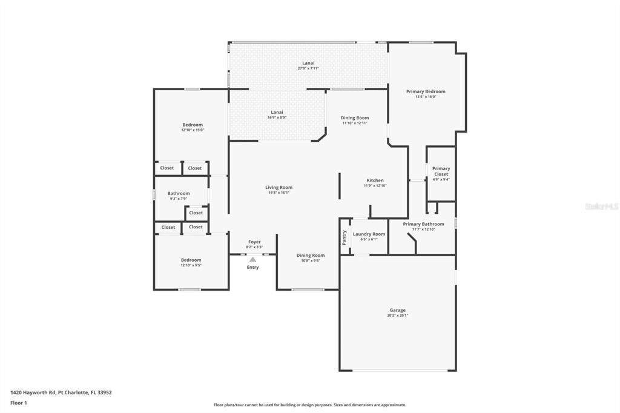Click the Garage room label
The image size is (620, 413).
[397, 310]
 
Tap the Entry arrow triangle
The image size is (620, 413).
[252, 260]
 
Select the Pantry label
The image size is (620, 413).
[345, 236]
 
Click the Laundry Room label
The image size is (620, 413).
[369, 234]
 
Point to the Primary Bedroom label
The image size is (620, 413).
[426, 91]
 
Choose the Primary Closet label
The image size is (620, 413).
[441, 171]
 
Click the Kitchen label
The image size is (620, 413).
[375, 180]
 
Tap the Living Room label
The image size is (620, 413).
[279, 187]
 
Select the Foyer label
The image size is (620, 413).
[254, 242]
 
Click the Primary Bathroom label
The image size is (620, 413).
[423, 224]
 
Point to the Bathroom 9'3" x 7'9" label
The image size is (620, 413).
[179, 194]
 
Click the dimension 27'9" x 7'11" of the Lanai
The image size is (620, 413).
[308, 68]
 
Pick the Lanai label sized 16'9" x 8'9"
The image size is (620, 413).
[277, 112]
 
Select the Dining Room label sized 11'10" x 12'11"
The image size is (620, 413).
[354, 118]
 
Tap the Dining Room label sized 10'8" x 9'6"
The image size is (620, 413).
[310, 256]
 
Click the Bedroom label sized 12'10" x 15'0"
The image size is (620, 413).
[193, 125]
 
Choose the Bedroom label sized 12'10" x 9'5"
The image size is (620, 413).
[191, 260]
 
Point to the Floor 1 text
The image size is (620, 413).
[19, 403]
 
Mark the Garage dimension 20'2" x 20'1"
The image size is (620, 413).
[397, 316]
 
